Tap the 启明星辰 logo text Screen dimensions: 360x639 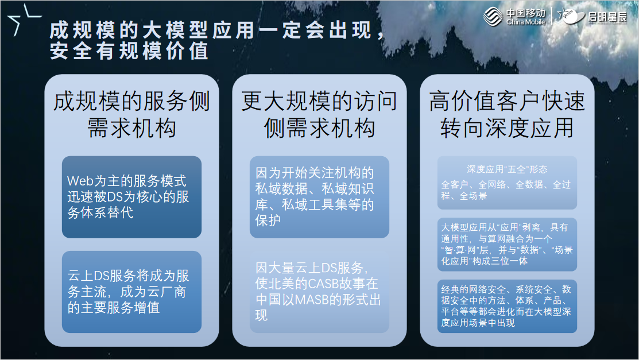[x=607, y=17]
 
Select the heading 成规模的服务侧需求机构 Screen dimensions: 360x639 [x=131, y=114]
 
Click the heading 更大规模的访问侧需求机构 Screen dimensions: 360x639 [x=319, y=114]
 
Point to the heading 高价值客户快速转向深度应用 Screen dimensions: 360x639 [x=507, y=114]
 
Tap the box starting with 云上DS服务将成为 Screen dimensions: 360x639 [x=131, y=292]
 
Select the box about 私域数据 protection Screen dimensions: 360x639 [x=319, y=196]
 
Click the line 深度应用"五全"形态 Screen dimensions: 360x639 [x=507, y=169]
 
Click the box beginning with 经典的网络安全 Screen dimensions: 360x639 [x=507, y=305]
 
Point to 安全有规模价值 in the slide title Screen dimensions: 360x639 [x=129, y=52]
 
